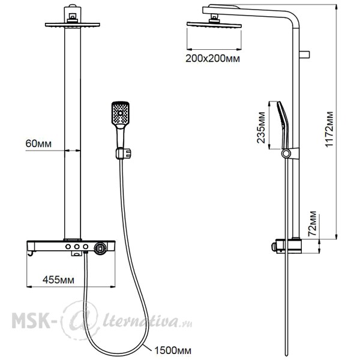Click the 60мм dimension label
coord(38,143)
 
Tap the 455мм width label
coord(59,280)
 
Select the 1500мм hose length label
coord(173,350)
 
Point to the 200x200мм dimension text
coord(212,59)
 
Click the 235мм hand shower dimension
coord(261,128)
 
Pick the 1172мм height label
coord(329,129)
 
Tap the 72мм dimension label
coord(312,224)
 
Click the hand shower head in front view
coord(121,113)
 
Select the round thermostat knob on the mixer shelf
coord(100,248)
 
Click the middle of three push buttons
coord(77,247)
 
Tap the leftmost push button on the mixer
coord(68,247)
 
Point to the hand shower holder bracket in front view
coord(123,154)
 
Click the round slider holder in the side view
coord(286,154)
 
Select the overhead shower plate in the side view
coord(214,25)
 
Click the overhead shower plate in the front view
coord(73,25)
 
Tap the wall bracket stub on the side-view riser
coord(304,55)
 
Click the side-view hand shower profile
coord(283,125)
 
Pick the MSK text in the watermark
coord(31,321)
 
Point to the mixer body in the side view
coord(286,246)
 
